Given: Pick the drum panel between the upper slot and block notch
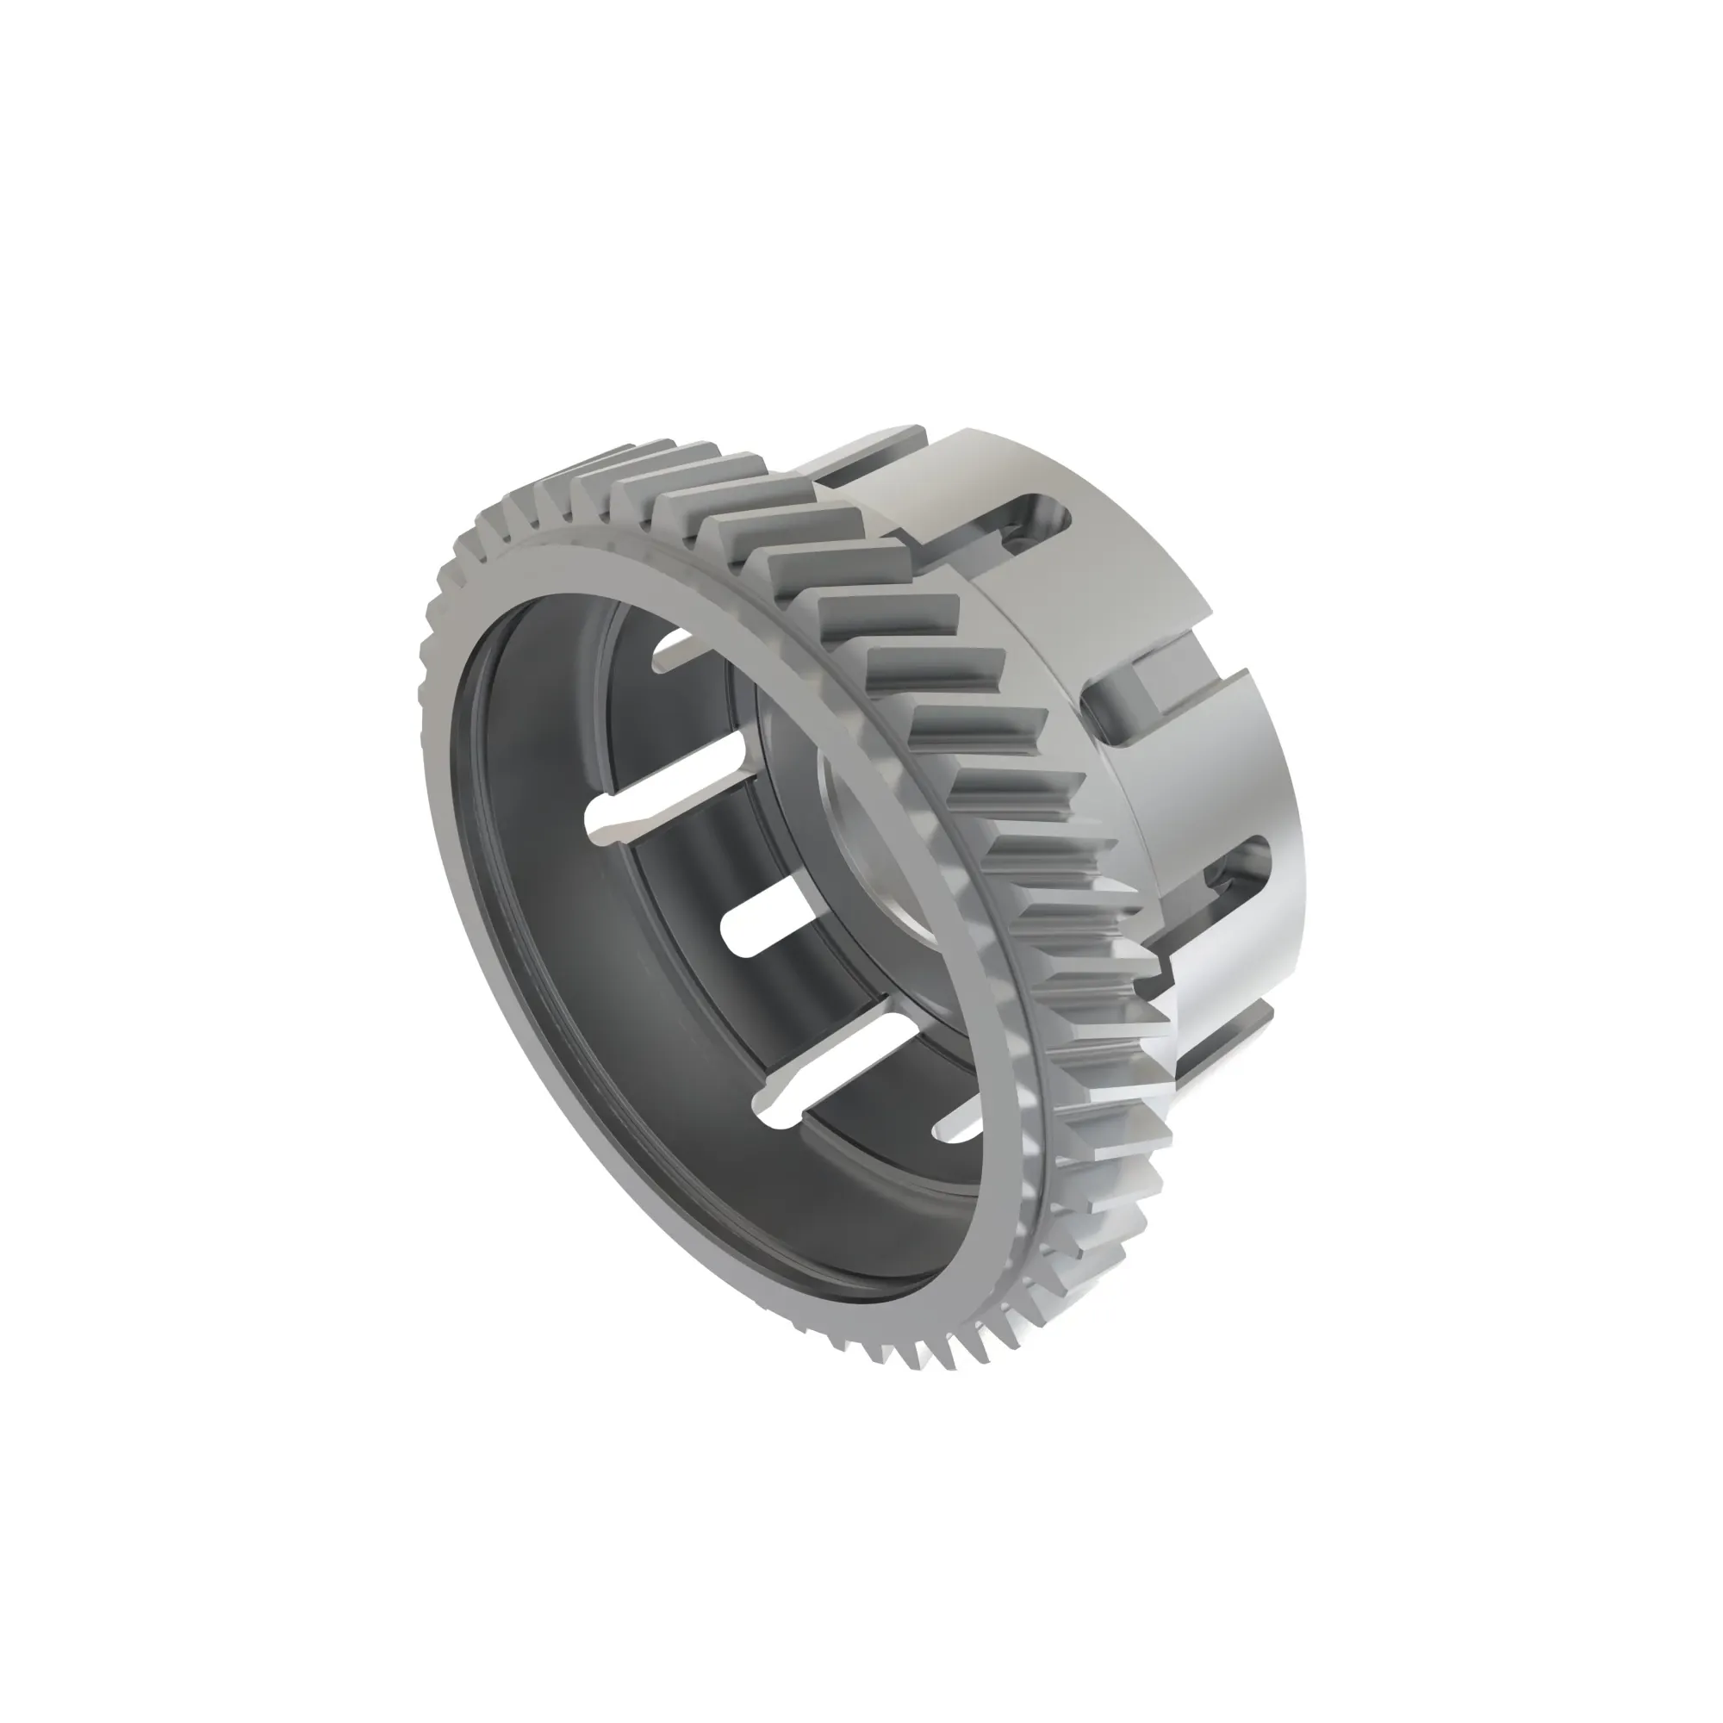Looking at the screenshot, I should click(x=1106, y=606).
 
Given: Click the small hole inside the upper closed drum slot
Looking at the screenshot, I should click(x=1016, y=539).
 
